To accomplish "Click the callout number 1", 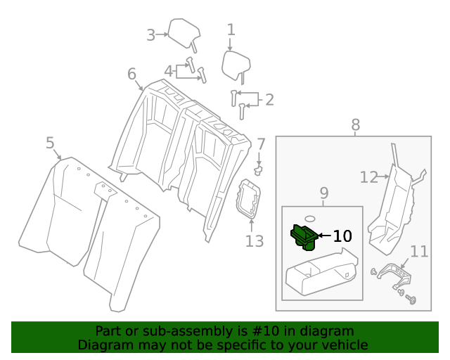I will pos(231,30).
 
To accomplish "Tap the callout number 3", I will pos(150,34).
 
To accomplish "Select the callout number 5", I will pos(50,143).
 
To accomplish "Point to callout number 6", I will pos(131,74).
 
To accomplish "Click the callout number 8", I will pos(355,124).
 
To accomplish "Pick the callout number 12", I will pos(368,177).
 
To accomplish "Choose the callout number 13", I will pos(254,241).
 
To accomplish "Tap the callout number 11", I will pos(419,251).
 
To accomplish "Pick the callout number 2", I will pos(269,100).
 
